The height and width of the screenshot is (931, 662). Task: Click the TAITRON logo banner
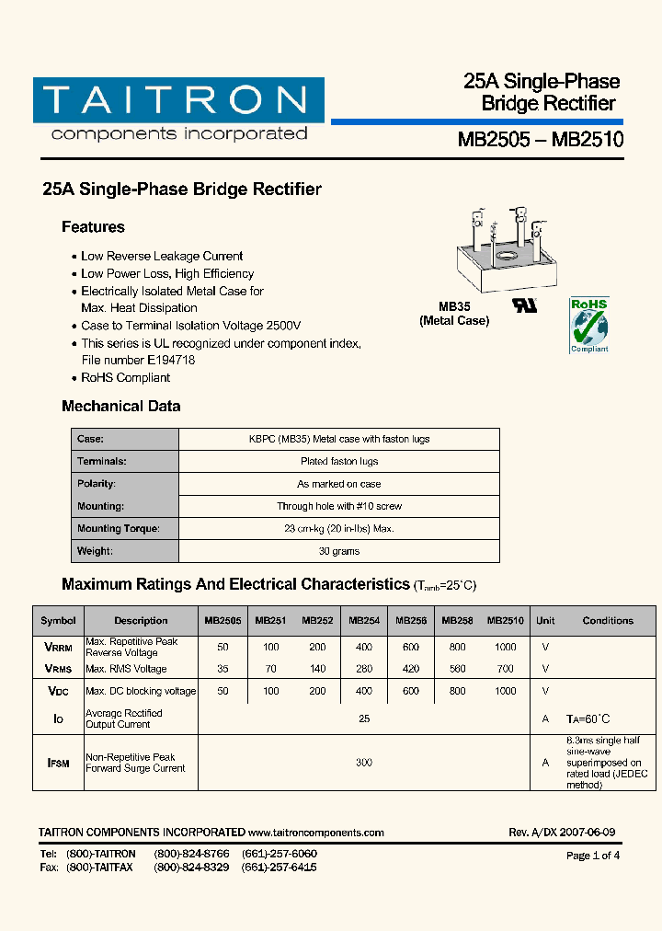(178, 100)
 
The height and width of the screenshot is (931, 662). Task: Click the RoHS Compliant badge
(588, 325)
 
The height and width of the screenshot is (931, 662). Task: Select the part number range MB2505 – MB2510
(541, 140)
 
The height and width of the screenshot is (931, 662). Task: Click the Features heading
(93, 227)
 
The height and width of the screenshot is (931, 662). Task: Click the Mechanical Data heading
(120, 406)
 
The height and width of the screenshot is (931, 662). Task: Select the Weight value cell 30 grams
(339, 551)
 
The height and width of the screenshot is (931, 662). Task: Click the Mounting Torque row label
(119, 528)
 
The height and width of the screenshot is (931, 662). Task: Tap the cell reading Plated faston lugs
(339, 461)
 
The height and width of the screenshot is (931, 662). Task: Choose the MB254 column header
(364, 621)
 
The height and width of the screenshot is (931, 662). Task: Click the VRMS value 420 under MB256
(410, 669)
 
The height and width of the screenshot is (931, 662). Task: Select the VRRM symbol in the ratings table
(58, 647)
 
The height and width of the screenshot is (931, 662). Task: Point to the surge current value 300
(364, 763)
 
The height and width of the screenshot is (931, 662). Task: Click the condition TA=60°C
(588, 718)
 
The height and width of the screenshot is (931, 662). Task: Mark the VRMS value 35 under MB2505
(223, 669)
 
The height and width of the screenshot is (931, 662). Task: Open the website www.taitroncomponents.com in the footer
(316, 833)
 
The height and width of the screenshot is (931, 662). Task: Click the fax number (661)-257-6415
(280, 868)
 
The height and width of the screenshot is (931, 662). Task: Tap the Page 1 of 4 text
(593, 856)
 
